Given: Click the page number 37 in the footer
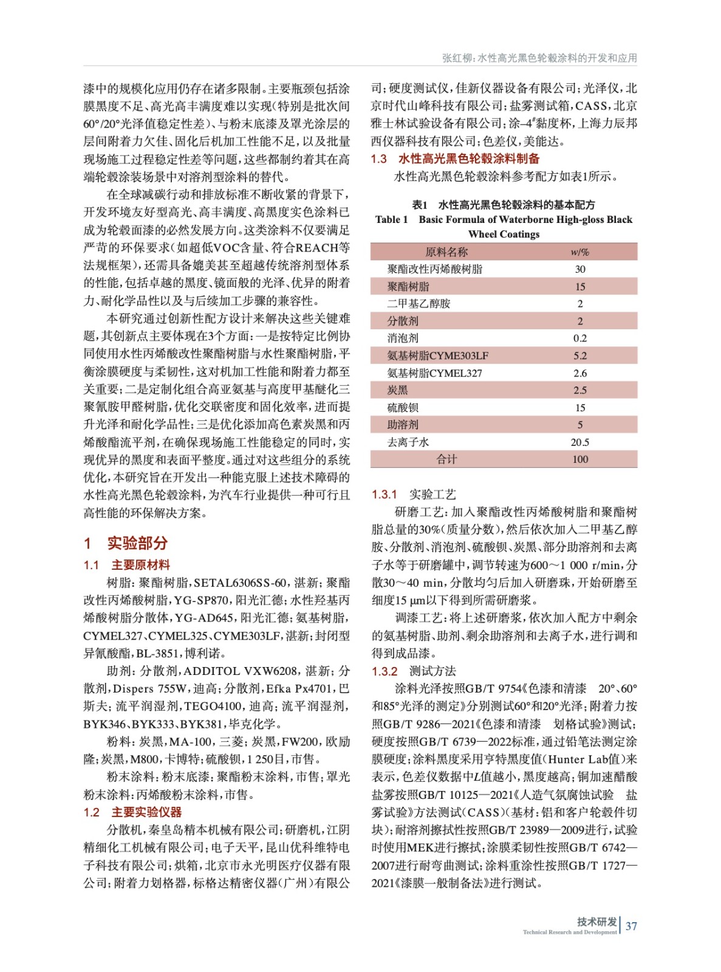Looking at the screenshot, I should (x=632, y=926).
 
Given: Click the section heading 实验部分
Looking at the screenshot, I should (x=137, y=542).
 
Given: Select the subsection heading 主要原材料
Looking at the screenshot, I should (x=140, y=565).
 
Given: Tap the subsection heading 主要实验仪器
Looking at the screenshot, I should (x=146, y=812).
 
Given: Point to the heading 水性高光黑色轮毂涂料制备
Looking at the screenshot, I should (x=468, y=159).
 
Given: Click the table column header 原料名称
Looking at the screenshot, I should (x=446, y=252).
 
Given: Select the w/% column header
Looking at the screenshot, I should (x=579, y=252).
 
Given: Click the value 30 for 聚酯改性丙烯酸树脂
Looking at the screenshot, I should (x=580, y=269).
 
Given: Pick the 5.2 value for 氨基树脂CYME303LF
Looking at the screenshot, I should (x=580, y=356).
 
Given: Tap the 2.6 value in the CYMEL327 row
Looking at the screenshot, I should (x=580, y=373).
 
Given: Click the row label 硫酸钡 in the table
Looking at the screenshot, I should (x=403, y=408).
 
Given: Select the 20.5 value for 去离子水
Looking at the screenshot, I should (x=580, y=442).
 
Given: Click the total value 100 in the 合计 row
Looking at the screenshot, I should (x=580, y=459).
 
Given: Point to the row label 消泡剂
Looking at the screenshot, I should (x=403, y=338).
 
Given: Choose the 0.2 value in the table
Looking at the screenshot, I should (x=580, y=338).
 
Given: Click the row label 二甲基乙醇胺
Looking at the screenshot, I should (x=419, y=304).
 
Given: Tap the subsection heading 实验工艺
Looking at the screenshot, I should (x=432, y=495).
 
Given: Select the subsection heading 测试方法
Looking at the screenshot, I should (x=432, y=671).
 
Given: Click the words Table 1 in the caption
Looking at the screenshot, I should (x=391, y=220).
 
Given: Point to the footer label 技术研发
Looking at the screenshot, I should (x=596, y=922).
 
